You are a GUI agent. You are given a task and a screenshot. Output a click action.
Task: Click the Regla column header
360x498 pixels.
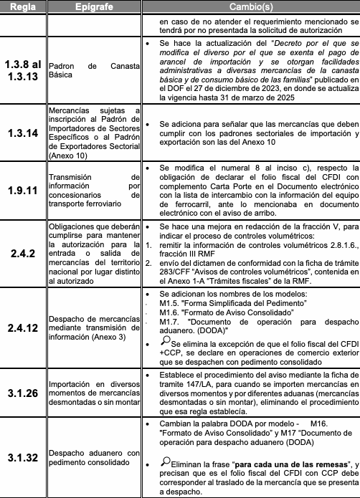coord(24,6)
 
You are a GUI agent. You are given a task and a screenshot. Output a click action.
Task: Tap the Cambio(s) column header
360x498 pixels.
coord(248,6)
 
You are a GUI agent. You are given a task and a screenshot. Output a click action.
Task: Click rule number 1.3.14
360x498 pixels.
coord(24,133)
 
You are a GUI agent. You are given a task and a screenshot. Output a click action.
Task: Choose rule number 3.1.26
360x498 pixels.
coord(24,393)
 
